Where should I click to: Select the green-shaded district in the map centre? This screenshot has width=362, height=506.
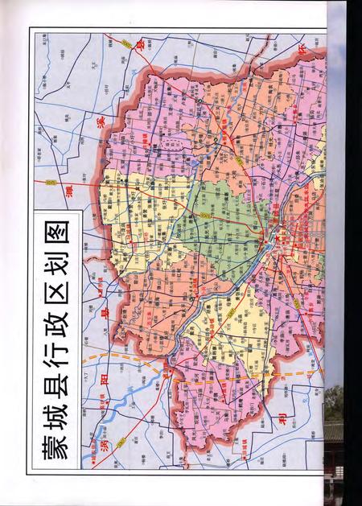tap(225, 217)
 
